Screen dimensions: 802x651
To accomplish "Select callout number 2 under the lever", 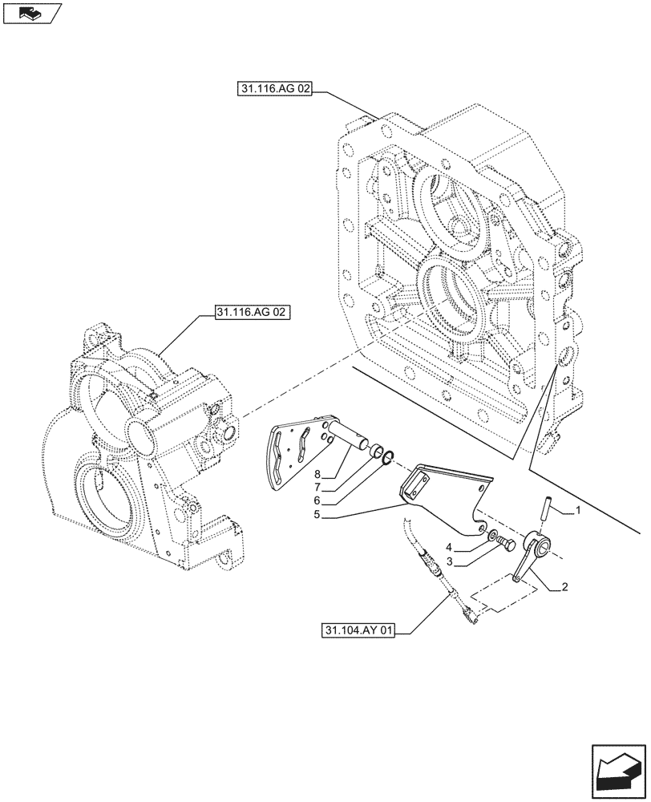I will point(565,587).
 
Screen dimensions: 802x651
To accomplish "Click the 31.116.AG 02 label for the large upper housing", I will point(274,91).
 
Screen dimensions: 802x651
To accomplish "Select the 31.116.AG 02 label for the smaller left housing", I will point(252,310).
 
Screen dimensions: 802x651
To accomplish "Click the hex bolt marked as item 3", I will point(507,546).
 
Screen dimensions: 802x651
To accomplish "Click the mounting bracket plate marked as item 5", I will point(445,494).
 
